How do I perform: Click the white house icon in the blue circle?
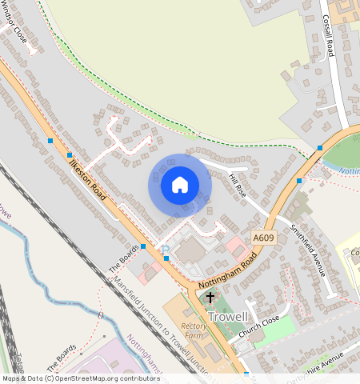tap(180, 186)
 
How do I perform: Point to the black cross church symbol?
tap(210, 298)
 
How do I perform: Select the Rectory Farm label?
tap(195, 331)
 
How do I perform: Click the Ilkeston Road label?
tap(87, 177)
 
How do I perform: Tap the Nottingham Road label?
tap(227, 274)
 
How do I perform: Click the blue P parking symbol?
tap(166, 250)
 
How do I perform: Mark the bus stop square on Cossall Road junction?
tap(320, 147)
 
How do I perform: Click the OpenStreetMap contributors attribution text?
tap(80, 378)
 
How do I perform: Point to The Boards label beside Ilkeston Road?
tap(124, 258)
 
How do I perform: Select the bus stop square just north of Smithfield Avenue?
tap(300, 181)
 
